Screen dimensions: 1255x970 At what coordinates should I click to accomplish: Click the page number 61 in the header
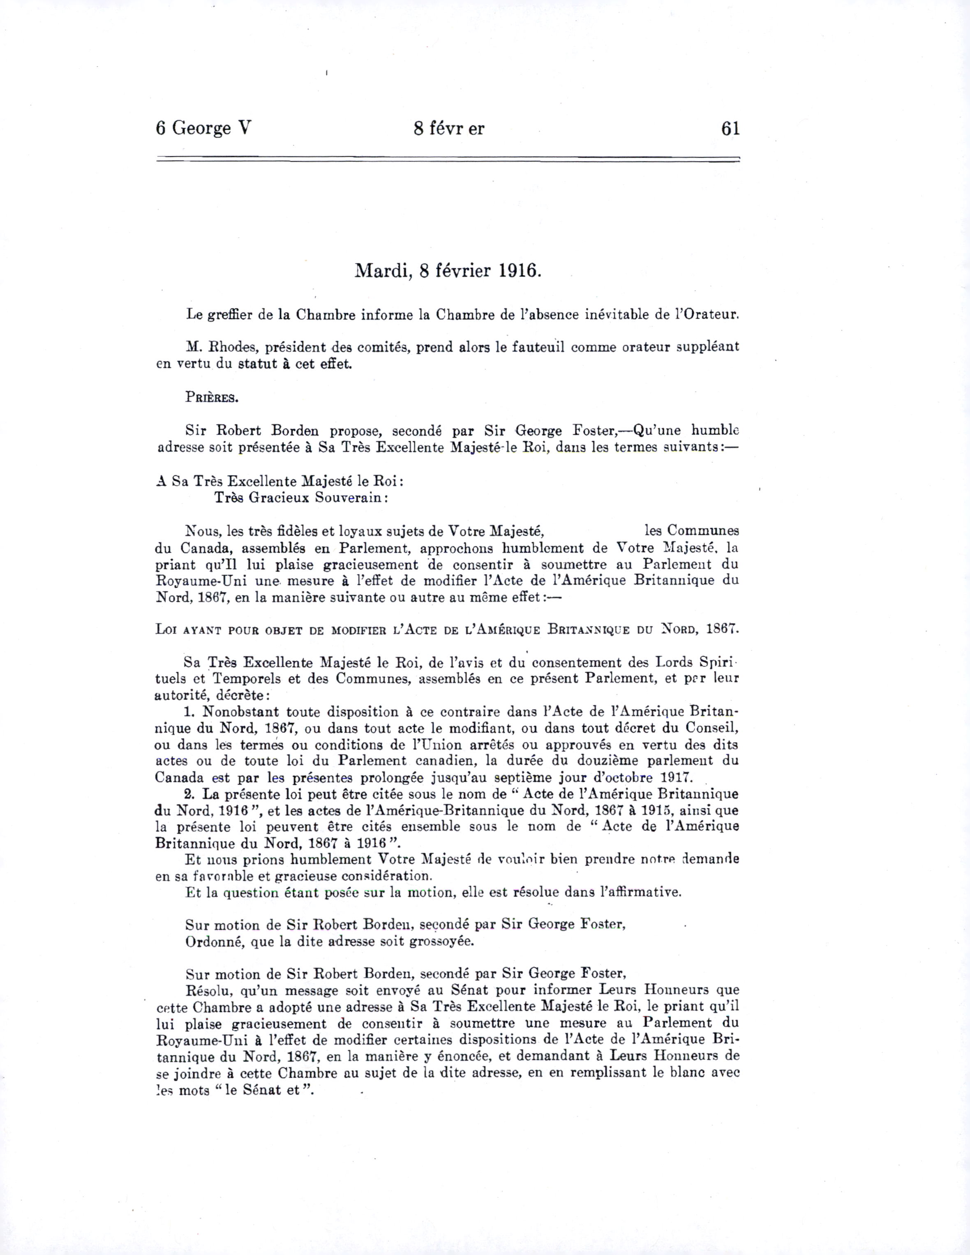click(x=730, y=129)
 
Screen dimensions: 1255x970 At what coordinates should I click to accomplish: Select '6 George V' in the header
click(x=203, y=129)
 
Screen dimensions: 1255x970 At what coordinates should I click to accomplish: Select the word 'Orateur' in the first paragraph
click(x=710, y=315)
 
